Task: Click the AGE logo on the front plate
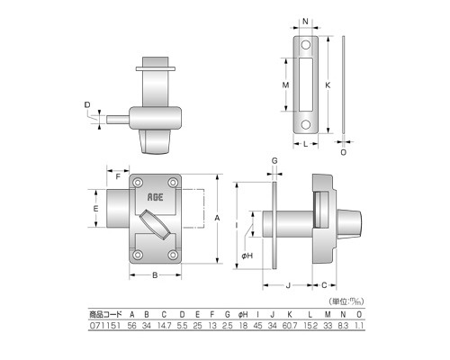click(x=155, y=197)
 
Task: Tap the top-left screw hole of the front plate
click(x=138, y=183)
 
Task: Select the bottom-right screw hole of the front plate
click(x=173, y=255)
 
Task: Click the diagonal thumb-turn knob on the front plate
click(x=155, y=224)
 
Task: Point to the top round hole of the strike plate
click(x=306, y=45)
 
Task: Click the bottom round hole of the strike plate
click(x=306, y=124)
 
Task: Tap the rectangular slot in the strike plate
click(x=306, y=85)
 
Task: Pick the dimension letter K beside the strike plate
click(x=328, y=85)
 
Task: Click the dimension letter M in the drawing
click(x=285, y=85)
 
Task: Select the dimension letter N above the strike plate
click(x=305, y=22)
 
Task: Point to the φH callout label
click(x=247, y=256)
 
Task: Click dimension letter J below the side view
click(x=288, y=285)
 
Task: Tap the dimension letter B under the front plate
click(x=155, y=275)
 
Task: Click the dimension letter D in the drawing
click(x=87, y=104)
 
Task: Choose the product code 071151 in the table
click(x=105, y=326)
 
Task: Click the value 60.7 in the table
click(x=290, y=326)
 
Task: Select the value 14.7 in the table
click(x=164, y=326)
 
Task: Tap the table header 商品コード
click(x=105, y=314)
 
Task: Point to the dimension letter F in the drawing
click(x=118, y=176)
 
